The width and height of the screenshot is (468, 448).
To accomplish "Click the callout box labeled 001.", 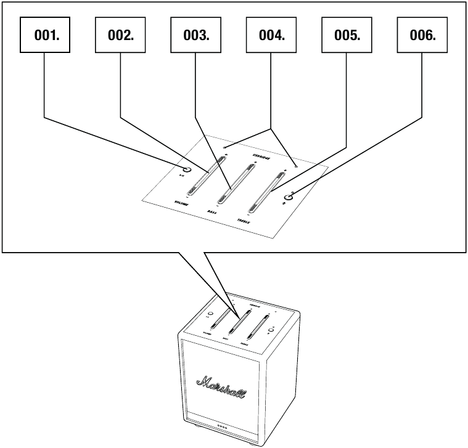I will tap(45, 35).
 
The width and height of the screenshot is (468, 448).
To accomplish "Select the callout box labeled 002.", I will tap(120, 35).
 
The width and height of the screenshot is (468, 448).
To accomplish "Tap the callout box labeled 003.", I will tap(196, 35).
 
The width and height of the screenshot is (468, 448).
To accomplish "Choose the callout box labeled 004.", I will tap(271, 35).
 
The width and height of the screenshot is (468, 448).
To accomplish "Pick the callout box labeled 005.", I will tap(347, 35).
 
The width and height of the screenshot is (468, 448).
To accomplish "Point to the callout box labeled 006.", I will tap(422, 35).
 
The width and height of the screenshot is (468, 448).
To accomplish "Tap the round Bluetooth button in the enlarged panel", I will tap(287, 197).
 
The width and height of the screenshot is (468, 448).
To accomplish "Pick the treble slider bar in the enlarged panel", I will tap(268, 190).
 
